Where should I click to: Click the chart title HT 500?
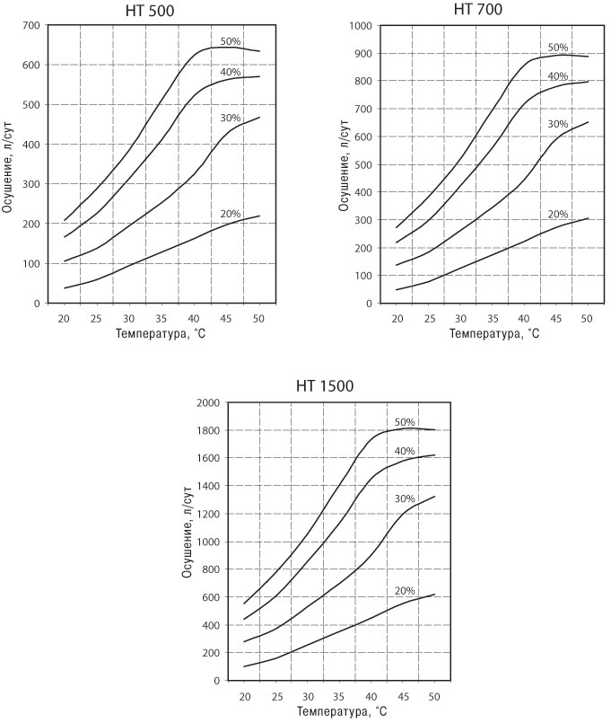pyautogui.click(x=150, y=11)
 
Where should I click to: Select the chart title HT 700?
pyautogui.click(x=478, y=9)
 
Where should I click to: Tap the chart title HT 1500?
pyautogui.click(x=325, y=385)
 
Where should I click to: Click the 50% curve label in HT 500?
pyautogui.click(x=231, y=41)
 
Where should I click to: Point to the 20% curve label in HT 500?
pyautogui.click(x=231, y=214)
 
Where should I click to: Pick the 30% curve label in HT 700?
pyautogui.click(x=558, y=124)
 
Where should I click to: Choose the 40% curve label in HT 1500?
pyautogui.click(x=405, y=451)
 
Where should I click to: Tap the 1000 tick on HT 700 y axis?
pyautogui.click(x=361, y=26)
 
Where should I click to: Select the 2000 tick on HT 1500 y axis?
pyautogui.click(x=208, y=402)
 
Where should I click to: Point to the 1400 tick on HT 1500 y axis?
pyautogui.click(x=208, y=486)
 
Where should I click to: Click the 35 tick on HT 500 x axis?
pyautogui.click(x=161, y=319)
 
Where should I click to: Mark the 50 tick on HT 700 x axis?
pyautogui.click(x=587, y=319)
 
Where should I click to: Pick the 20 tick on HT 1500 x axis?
pyautogui.click(x=245, y=696)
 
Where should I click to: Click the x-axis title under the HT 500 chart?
pyautogui.click(x=161, y=333)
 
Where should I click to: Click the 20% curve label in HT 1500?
pyautogui.click(x=405, y=591)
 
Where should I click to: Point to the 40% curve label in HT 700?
pyautogui.click(x=558, y=76)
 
